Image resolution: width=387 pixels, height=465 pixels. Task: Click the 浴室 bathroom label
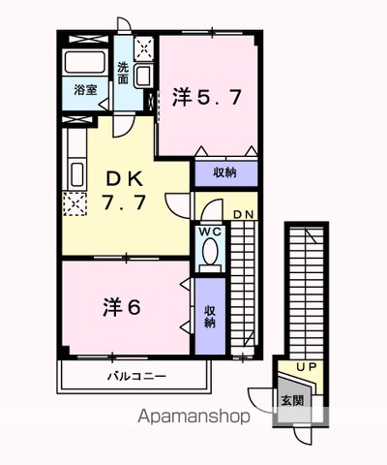coord(84,89)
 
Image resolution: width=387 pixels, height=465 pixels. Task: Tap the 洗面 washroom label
coord(123,73)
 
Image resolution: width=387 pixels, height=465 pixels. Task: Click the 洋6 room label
coord(123,307)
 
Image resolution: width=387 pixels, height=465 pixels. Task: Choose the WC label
coord(210,232)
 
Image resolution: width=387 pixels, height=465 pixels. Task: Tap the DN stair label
coord(242,214)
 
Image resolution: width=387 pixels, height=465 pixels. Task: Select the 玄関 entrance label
coord(291,400)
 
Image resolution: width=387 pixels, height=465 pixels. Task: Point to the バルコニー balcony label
coord(134,375)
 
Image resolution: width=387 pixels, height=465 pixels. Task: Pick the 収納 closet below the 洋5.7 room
coord(223,174)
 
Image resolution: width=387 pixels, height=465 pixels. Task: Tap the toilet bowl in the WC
coord(210,255)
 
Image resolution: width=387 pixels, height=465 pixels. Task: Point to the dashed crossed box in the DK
coord(74,201)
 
